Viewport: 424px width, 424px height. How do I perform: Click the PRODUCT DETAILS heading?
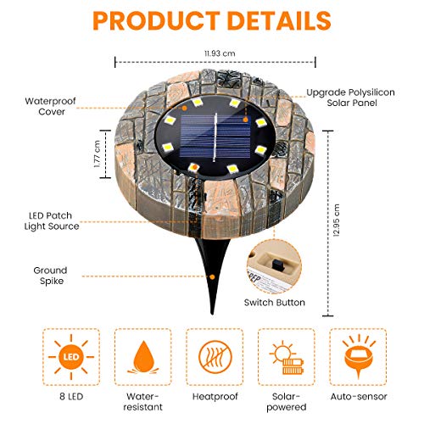(212, 21)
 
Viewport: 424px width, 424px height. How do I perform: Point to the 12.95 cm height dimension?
(337, 233)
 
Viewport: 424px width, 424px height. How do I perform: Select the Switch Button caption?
(274, 302)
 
